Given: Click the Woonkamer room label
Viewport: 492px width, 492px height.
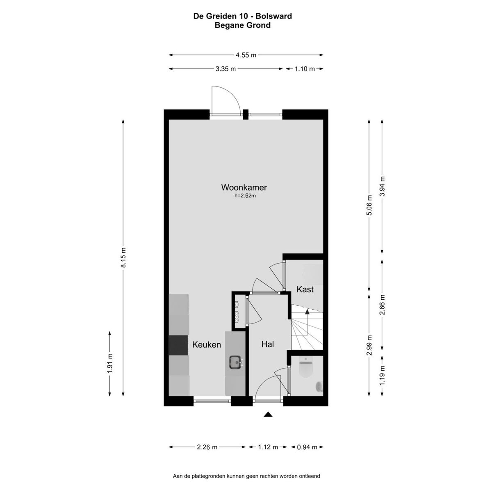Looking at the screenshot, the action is coord(244,187).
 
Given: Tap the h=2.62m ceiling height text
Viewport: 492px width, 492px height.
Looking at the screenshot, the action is coord(245,196).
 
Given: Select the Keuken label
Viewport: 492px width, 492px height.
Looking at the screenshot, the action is coord(206,345).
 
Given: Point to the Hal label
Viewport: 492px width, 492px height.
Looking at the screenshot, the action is coord(268,344).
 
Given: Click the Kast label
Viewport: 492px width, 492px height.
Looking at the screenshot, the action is coord(305,289).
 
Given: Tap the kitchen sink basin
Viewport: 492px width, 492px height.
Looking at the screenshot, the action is coord(235,362).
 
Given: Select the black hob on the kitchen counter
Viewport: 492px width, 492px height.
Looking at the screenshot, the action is coord(178,345).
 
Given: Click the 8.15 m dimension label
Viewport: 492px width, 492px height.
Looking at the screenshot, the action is coord(123,257).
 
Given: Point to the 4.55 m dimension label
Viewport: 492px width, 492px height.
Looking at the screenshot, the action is coord(246,55).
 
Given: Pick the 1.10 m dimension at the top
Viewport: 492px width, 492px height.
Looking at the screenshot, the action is coord(305,69).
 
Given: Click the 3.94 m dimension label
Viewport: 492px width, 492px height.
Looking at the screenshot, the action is coord(382,187).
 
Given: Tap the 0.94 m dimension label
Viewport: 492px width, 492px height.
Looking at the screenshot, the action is coord(307,447).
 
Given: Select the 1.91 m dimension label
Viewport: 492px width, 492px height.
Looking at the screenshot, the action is coord(110,364).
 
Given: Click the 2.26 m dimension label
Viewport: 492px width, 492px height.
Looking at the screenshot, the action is coord(207,447).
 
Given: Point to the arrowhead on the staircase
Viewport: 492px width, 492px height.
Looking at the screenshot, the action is coord(307,312).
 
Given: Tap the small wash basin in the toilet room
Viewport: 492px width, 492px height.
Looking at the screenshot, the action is coord(319,387).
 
